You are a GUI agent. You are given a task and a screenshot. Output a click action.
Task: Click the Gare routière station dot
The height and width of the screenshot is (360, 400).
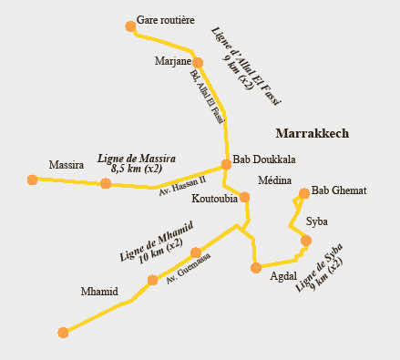pos(131,26)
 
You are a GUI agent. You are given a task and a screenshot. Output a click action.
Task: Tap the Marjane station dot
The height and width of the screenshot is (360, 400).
pos(198,63)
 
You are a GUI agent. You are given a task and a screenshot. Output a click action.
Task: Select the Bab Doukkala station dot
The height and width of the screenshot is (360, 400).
pos(227,165)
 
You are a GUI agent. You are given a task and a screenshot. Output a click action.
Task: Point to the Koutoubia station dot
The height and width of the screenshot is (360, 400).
pos(244,197)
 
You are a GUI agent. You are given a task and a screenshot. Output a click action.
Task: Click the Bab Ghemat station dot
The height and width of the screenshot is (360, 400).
pos(304,193)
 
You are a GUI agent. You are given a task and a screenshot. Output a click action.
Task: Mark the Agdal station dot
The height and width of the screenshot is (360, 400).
pos(256,267)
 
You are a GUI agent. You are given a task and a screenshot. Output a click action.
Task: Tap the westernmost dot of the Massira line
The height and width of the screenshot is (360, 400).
pos(33,180)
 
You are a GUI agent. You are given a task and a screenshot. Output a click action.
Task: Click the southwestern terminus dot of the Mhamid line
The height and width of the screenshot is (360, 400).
pos(63,333)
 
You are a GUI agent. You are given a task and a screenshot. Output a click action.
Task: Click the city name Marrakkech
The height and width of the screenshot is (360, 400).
pos(312,133)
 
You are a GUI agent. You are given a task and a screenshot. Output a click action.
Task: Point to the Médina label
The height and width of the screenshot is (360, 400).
pos(274,180)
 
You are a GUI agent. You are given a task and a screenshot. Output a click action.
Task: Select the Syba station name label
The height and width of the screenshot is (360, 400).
pos(317,221)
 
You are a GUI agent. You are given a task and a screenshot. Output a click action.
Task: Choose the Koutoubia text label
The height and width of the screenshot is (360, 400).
pos(215,197)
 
